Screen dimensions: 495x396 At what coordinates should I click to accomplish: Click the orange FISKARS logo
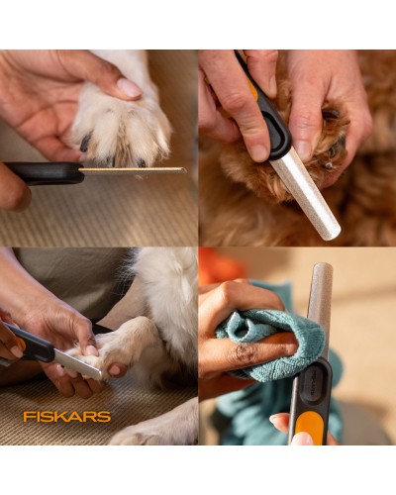67,416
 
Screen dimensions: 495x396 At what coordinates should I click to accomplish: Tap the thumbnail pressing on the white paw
129,87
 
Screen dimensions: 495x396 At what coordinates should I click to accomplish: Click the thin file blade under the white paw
134,170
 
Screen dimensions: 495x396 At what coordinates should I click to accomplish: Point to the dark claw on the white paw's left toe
85,143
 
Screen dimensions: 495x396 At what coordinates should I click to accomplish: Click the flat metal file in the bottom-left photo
77,363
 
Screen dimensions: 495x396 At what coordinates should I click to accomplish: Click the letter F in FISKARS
28,416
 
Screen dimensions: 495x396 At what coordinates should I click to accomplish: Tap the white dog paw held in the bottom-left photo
119,346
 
